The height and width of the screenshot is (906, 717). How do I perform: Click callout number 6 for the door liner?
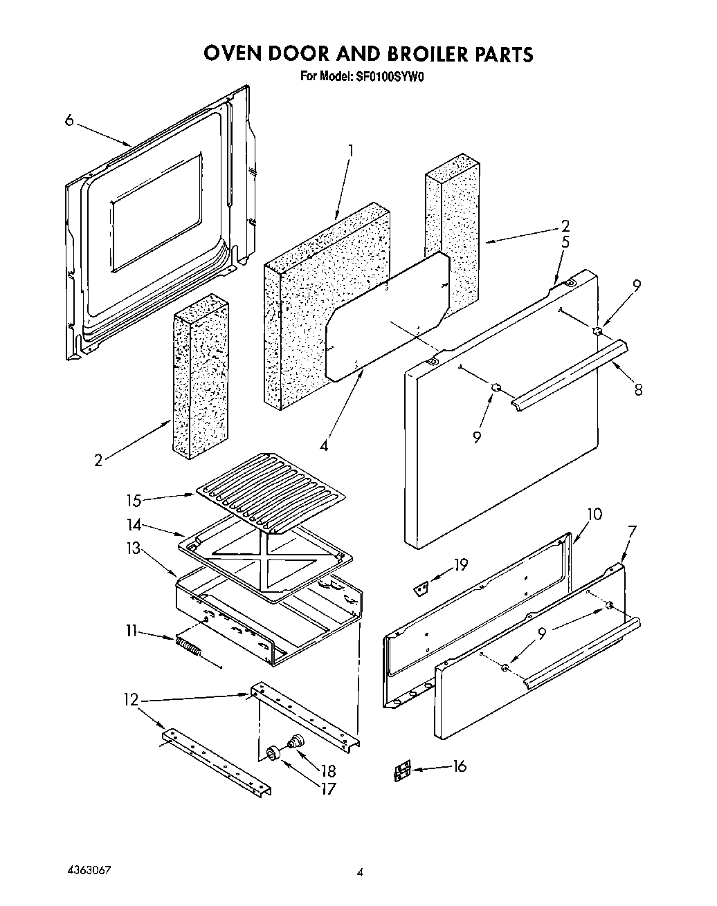tap(69, 120)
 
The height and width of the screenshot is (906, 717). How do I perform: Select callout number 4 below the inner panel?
tap(324, 445)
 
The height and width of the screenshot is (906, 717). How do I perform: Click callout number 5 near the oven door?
tap(565, 242)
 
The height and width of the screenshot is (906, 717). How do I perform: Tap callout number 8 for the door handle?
tap(637, 389)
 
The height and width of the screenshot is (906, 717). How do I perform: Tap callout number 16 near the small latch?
tap(458, 766)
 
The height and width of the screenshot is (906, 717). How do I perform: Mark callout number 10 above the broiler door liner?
tap(594, 514)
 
